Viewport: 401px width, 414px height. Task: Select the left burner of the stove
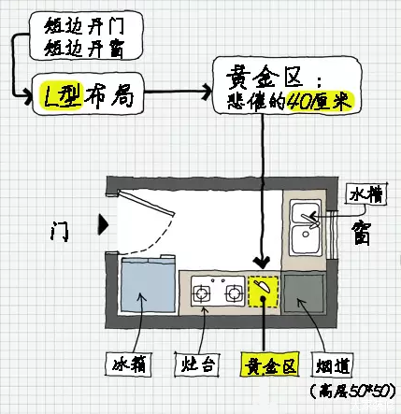[x=202, y=293]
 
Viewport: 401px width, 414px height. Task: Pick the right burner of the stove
[x=229, y=293]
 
